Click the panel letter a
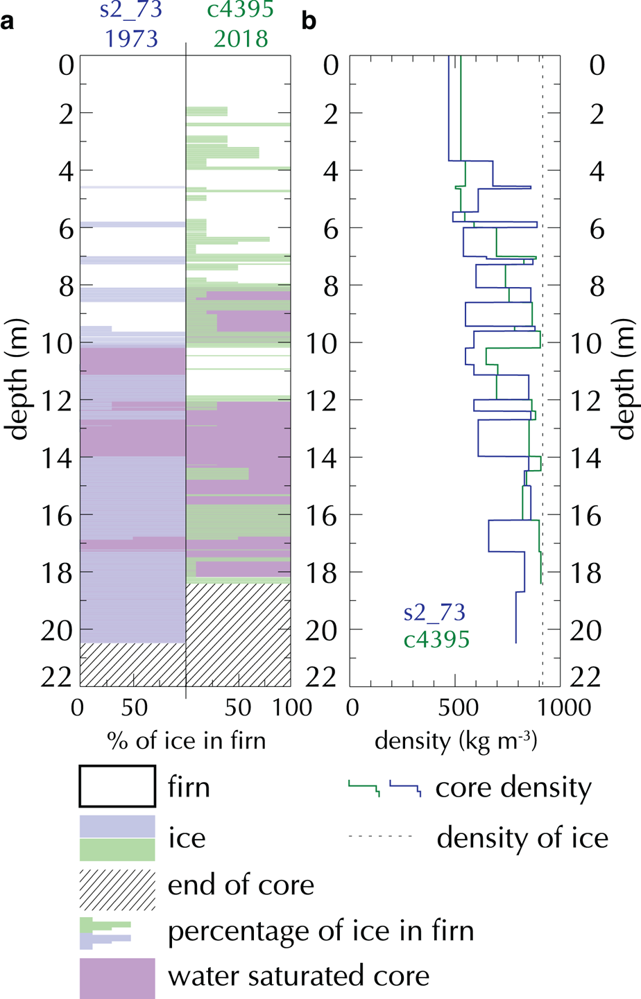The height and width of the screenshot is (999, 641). tap(8, 22)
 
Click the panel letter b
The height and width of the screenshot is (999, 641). tap(309, 22)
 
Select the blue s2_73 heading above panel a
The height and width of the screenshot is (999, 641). tap(132, 10)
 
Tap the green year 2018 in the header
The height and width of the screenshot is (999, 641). tap(241, 39)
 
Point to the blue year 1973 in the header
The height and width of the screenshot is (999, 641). tap(132, 39)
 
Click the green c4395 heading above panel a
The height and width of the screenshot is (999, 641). tap(241, 10)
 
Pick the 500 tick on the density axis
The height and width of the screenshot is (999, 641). tap(455, 708)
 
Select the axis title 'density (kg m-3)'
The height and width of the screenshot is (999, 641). tap(456, 741)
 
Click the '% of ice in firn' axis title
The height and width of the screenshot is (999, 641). tap(186, 741)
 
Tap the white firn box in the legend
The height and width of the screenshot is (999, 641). tap(117, 786)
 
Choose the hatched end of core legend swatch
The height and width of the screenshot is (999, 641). tap(117, 889)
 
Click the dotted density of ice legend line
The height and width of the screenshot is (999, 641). tap(380, 837)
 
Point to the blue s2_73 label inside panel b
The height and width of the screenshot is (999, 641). tap(434, 613)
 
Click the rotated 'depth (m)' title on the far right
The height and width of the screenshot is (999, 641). tap(624, 379)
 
